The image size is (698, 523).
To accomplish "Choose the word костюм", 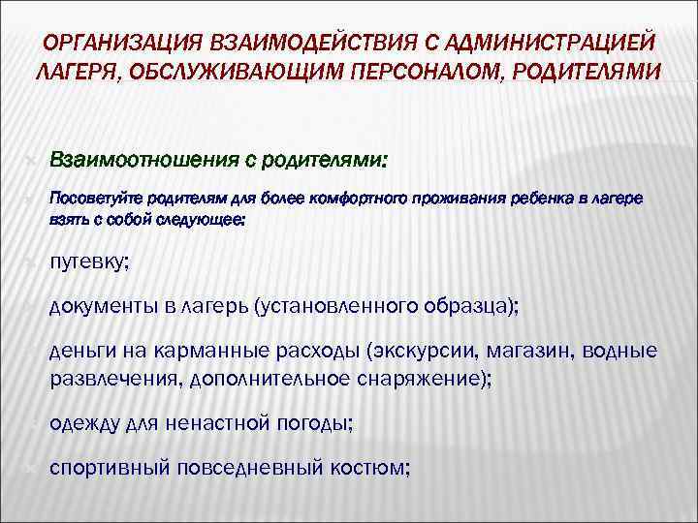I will coord(373,468).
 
